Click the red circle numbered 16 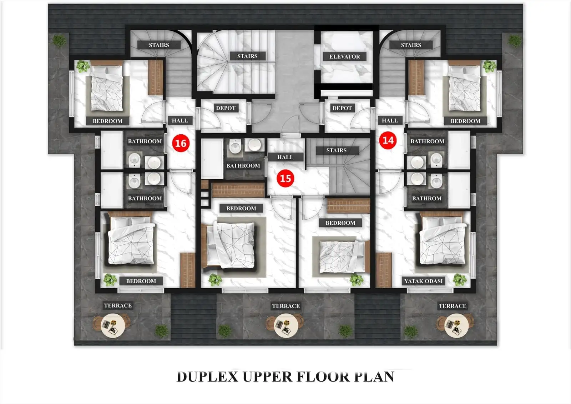181,143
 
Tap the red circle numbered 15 285,178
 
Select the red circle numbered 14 388,140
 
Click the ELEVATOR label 344,56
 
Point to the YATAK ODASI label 423,281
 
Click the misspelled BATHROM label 426,198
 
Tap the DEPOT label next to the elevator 342,108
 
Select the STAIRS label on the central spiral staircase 247,56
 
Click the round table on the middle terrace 285,325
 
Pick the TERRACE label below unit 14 452,306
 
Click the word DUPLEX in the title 207,377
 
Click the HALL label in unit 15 285,157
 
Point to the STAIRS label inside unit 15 336,150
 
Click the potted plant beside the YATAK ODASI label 459,280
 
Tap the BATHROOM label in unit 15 243,166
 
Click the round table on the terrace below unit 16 113,325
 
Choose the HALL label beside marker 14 390,121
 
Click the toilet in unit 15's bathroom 235,146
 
